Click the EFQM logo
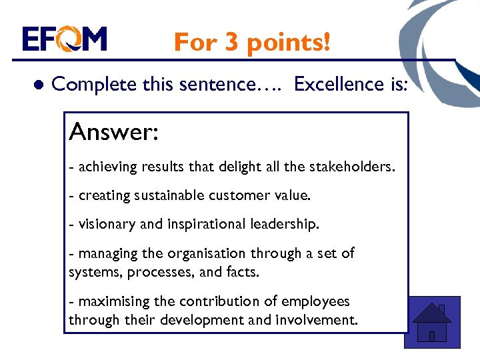tap(64, 39)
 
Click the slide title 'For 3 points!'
tap(251, 42)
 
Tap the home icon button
tap(432, 322)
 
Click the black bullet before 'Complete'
tap(39, 85)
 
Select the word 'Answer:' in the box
tap(113, 132)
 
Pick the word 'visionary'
tap(107, 225)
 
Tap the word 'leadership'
tap(285, 225)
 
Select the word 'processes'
tap(161, 272)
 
